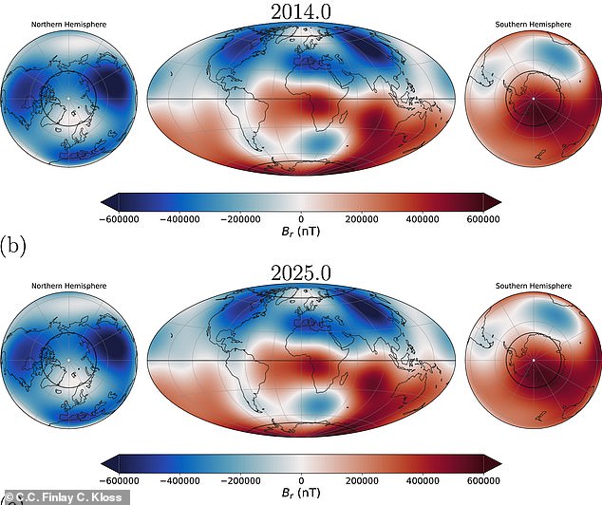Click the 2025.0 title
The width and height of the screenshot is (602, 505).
302,273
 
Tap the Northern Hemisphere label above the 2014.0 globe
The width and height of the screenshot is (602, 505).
67,24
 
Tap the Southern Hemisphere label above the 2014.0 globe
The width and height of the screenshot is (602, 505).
535,24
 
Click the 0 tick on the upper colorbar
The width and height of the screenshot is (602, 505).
302,217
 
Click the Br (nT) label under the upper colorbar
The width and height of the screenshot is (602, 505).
302,231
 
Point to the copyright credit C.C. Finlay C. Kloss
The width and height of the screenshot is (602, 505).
57,496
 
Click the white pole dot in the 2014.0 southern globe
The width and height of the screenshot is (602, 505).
535,97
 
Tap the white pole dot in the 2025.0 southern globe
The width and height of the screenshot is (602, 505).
535,361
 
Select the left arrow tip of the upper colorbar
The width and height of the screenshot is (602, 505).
103,199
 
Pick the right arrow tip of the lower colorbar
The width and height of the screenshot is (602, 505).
499,462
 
